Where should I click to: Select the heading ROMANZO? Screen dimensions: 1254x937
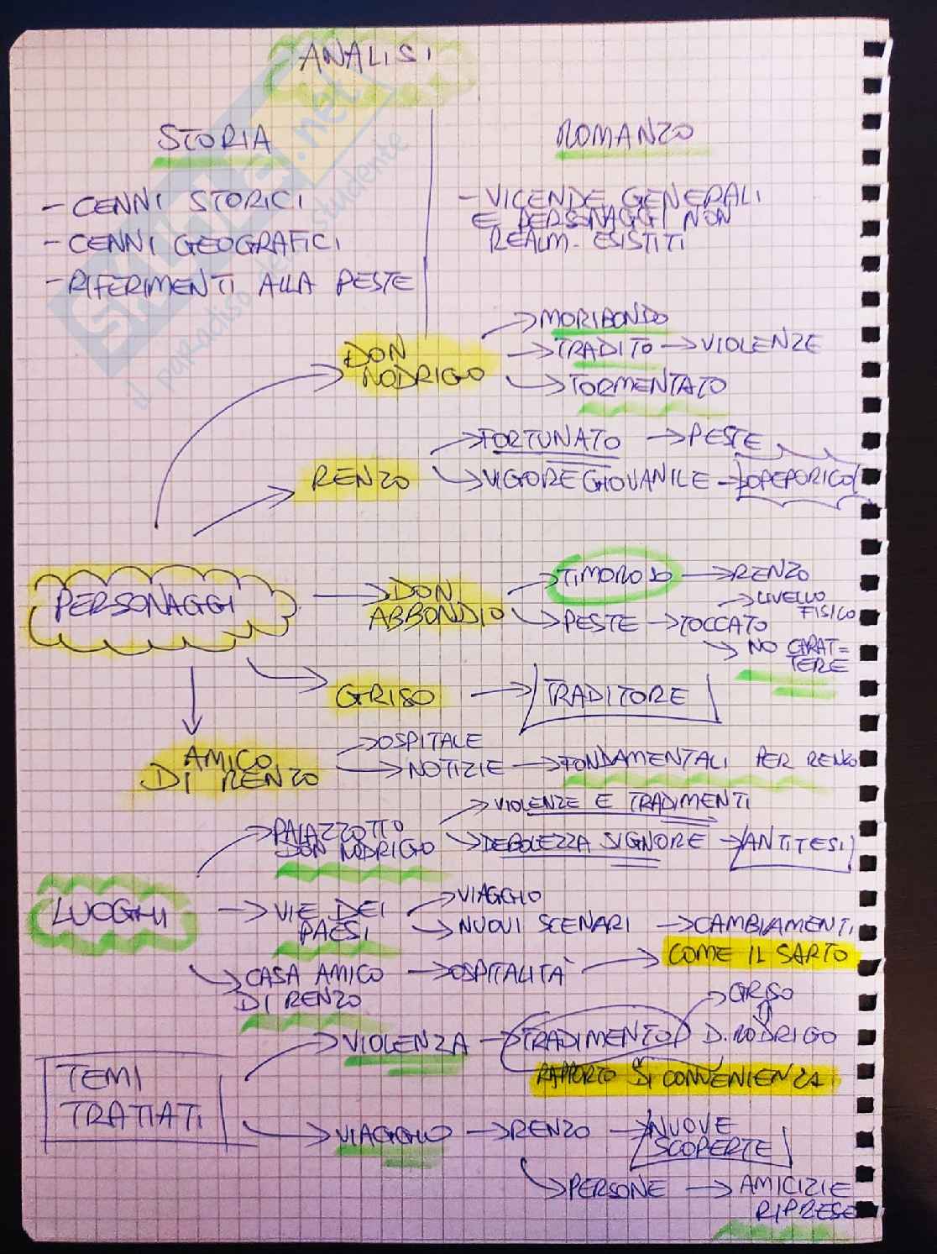click(625, 135)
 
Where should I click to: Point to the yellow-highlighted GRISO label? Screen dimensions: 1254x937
click(386, 696)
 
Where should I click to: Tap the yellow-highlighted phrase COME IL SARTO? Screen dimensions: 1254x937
click(756, 955)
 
